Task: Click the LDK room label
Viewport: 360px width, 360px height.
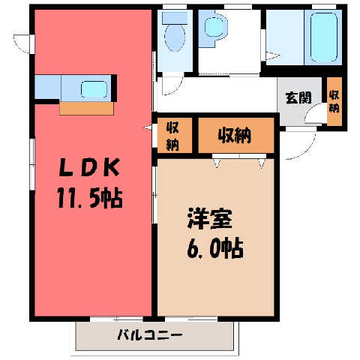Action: coord(89,168)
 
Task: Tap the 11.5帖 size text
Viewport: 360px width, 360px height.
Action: coord(90,199)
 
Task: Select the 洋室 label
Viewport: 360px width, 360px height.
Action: coord(210,218)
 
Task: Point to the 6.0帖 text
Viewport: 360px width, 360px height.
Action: coord(215,248)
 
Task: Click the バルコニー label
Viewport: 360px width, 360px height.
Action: coord(150,334)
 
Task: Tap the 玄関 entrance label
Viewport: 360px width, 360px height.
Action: coord(298,97)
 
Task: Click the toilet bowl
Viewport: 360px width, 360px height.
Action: coord(175,37)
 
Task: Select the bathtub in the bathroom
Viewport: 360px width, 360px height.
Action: coord(322,37)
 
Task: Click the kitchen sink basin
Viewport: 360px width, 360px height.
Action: coord(94,89)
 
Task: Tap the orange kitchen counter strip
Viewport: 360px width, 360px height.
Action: coord(86,108)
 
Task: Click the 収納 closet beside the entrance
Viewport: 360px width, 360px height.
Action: coord(334,102)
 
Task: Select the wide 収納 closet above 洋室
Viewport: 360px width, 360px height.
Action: coord(236,135)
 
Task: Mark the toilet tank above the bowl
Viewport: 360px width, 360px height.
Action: coord(175,18)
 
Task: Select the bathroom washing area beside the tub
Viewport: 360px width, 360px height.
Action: coord(285,37)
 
